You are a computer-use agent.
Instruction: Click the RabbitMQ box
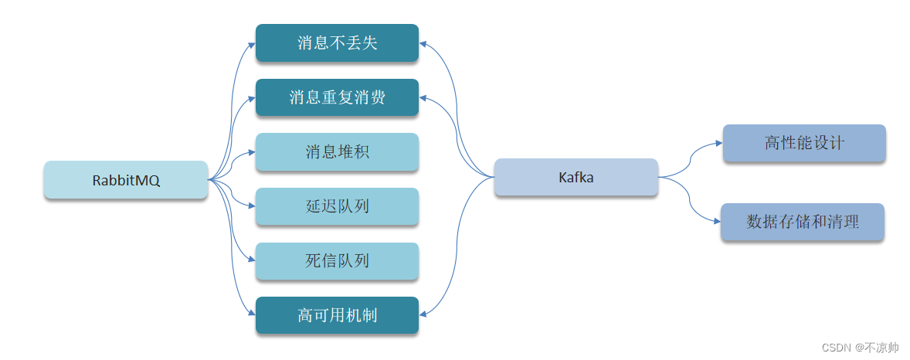pyautogui.click(x=126, y=180)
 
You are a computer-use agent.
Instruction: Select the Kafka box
pyautogui.click(x=576, y=178)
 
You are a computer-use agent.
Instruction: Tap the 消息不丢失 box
pyautogui.click(x=337, y=42)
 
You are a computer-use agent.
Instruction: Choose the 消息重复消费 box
pyautogui.click(x=337, y=97)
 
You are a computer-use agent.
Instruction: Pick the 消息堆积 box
pyautogui.click(x=337, y=152)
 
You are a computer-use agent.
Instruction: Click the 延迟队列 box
pyautogui.click(x=337, y=206)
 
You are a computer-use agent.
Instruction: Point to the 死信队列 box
pyautogui.click(x=337, y=261)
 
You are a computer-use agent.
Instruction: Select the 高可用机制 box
pyautogui.click(x=337, y=315)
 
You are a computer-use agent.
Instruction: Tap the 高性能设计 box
pyautogui.click(x=803, y=143)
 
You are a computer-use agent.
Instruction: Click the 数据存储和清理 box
pyautogui.click(x=803, y=222)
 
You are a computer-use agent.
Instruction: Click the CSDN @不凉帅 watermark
pyautogui.click(x=860, y=348)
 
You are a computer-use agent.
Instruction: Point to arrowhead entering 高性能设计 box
pyautogui.click(x=718, y=143)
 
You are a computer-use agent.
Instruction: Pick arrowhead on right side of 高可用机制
pyautogui.click(x=423, y=315)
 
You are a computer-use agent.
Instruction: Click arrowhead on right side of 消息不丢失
pyautogui.click(x=423, y=43)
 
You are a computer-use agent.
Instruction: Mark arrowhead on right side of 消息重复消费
pyautogui.click(x=423, y=98)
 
